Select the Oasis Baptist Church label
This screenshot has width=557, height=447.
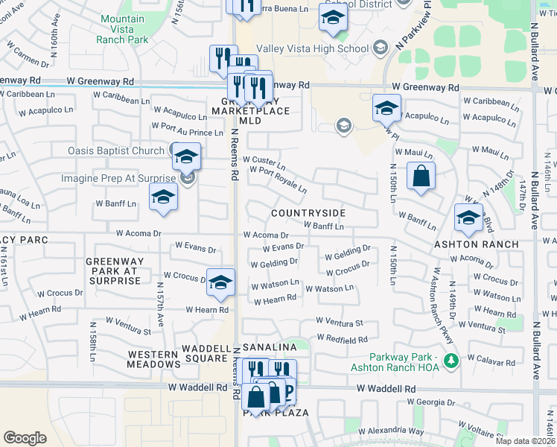115,150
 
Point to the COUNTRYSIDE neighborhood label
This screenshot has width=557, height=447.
308,213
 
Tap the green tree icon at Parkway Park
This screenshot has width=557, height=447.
450,361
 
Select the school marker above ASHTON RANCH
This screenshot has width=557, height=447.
468,218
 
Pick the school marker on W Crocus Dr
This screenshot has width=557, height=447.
220,282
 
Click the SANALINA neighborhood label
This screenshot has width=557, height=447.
273,348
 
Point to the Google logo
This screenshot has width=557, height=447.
25,438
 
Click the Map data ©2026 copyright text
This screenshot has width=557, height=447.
524,441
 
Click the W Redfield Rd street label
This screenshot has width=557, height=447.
342,339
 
